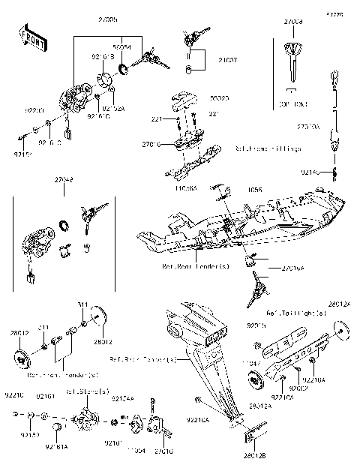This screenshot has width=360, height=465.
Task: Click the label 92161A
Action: (x=56, y=447)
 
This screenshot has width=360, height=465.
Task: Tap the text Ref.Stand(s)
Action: (x=88, y=392)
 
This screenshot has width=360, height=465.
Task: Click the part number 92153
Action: (x=30, y=434)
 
